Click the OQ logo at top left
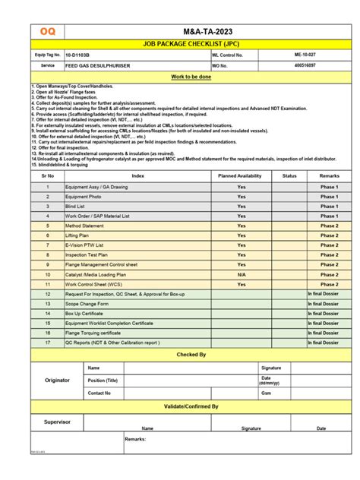coord(47,31)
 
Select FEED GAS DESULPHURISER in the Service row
coord(99,66)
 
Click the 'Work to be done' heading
coord(191,77)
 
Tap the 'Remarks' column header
coord(329,175)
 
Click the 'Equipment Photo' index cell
coord(84,196)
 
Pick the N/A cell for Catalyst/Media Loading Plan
coord(242,274)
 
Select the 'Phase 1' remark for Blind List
coord(329,206)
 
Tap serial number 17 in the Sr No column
coord(47,343)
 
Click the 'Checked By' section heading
coord(191,355)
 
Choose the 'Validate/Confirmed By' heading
coord(191,406)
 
